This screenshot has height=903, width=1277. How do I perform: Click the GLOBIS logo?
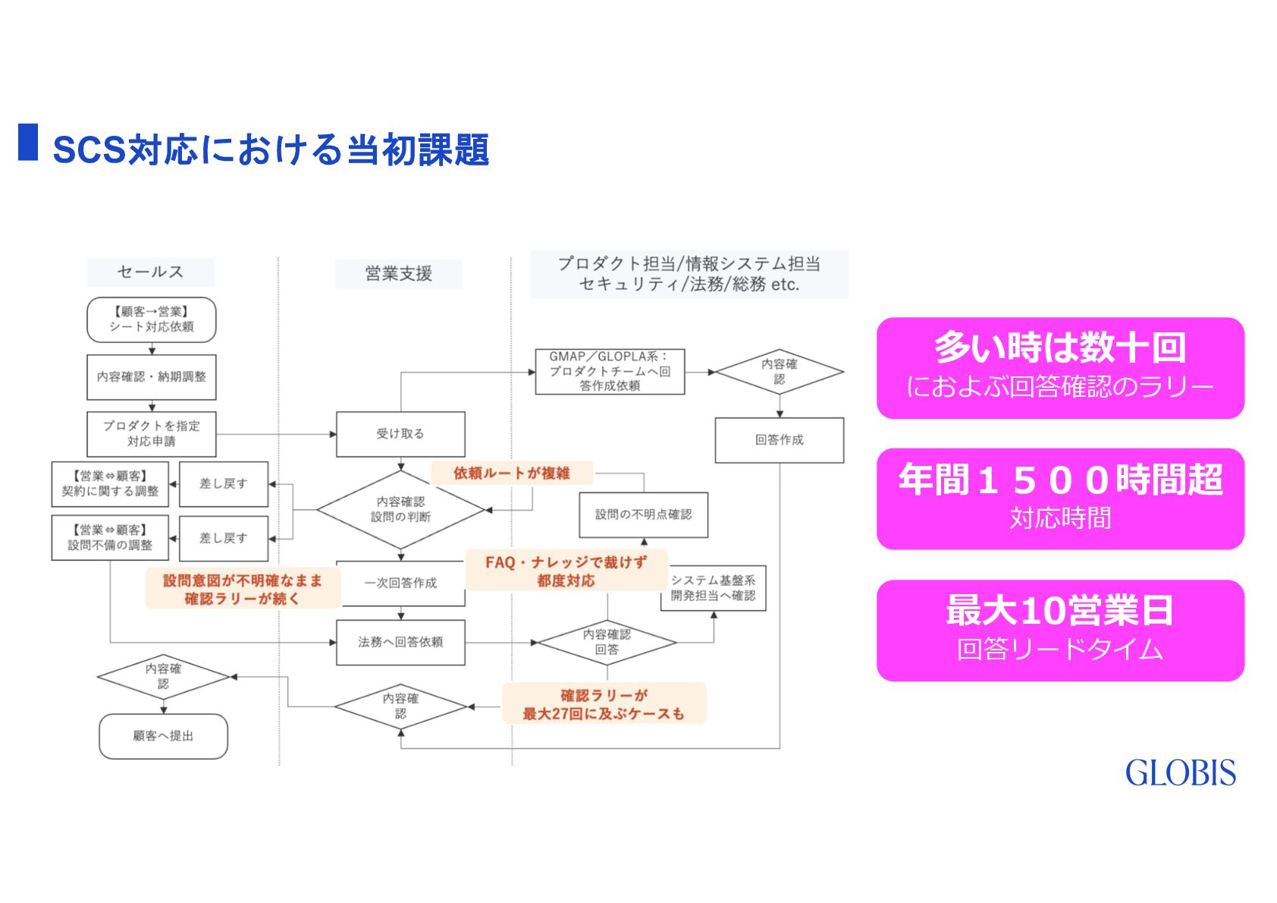point(1180,773)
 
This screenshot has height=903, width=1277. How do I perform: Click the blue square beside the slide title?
point(28,142)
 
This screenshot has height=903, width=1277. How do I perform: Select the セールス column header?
point(150,272)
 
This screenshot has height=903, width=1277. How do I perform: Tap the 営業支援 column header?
point(398,273)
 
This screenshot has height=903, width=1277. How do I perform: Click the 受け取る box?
point(400,434)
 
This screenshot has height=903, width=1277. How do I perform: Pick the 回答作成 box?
point(779,440)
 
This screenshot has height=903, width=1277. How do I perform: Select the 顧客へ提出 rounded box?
point(163,736)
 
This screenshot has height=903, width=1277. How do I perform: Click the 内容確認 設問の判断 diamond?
point(400,509)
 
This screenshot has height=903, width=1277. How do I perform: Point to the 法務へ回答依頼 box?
point(400,642)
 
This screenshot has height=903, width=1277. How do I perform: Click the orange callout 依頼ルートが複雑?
point(512,474)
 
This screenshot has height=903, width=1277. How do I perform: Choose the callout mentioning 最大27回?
point(604,704)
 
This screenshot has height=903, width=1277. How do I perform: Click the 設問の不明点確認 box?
point(643,514)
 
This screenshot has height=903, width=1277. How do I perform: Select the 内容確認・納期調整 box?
point(152,377)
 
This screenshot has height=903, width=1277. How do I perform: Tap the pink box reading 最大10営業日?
point(1060,630)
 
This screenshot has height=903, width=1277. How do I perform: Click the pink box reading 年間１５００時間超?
point(1060,499)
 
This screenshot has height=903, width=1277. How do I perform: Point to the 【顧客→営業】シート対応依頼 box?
point(152,319)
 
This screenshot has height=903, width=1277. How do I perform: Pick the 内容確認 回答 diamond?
point(607,642)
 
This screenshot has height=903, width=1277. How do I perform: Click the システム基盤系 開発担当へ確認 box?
point(714,588)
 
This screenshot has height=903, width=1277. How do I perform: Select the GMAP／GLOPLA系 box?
point(610,371)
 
